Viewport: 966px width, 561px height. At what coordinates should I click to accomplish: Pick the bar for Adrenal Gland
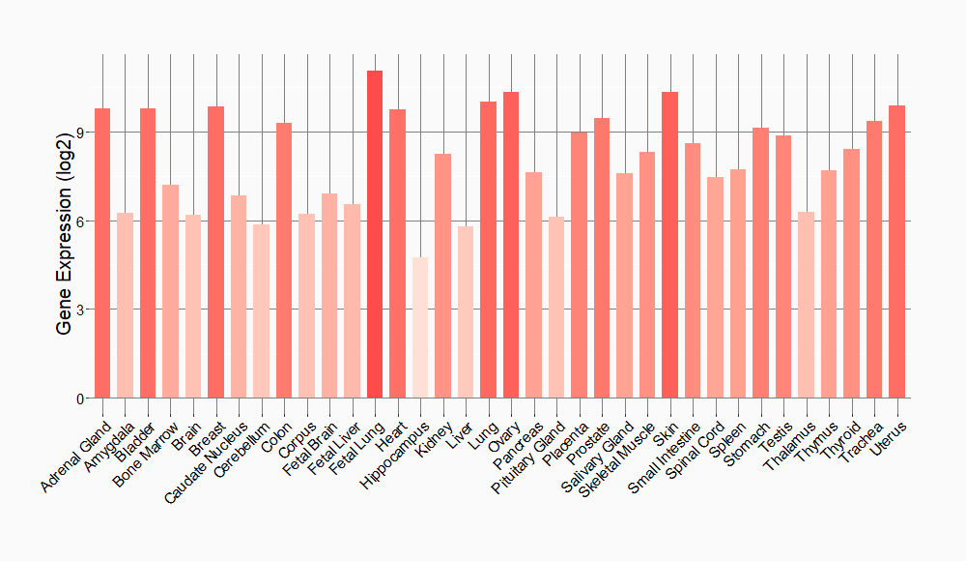102,253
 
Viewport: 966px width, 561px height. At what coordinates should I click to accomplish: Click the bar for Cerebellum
261,311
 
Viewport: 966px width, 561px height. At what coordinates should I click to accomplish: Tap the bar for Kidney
442,276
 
